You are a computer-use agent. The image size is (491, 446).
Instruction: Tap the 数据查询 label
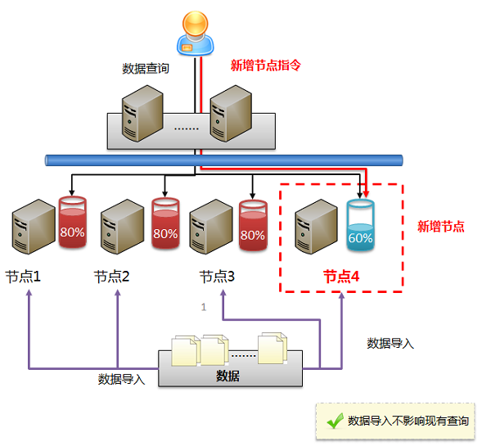coord(145,68)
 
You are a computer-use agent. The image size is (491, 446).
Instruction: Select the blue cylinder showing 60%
coord(360,225)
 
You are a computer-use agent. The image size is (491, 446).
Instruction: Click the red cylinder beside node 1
coord(71,222)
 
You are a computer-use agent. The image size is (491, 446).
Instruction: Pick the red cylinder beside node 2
coord(165,223)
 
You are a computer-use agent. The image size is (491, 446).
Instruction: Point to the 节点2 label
coord(112,277)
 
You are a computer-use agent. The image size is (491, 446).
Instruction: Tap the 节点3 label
coord(218,277)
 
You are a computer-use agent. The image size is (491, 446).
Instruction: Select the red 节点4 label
coord(341,277)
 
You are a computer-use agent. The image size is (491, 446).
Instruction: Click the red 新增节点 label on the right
coord(441,227)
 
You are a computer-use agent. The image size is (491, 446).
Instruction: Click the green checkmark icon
coord(333,421)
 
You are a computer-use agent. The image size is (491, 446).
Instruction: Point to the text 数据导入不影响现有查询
coord(408,421)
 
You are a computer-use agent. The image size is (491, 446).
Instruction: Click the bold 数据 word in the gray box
coord(228,376)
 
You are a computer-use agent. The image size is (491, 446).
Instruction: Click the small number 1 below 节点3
coord(204,308)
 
